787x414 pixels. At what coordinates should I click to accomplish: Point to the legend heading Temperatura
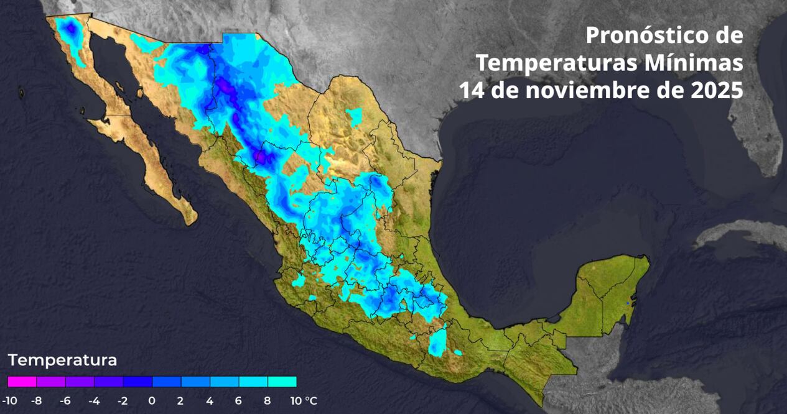(x=62, y=360)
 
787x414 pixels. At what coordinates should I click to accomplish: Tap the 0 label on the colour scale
(x=152, y=401)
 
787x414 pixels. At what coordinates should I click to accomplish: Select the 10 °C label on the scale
(x=302, y=401)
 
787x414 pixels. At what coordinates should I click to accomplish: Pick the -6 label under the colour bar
(x=65, y=401)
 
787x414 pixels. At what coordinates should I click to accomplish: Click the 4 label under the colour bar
(x=210, y=401)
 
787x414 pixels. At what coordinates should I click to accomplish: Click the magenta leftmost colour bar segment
(x=22, y=382)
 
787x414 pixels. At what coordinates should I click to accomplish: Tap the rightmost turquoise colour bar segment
(x=282, y=382)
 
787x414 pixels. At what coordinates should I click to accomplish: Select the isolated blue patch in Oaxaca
(x=438, y=343)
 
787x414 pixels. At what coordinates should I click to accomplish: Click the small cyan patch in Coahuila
(x=355, y=116)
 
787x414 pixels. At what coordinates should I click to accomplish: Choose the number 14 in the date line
(x=473, y=91)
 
